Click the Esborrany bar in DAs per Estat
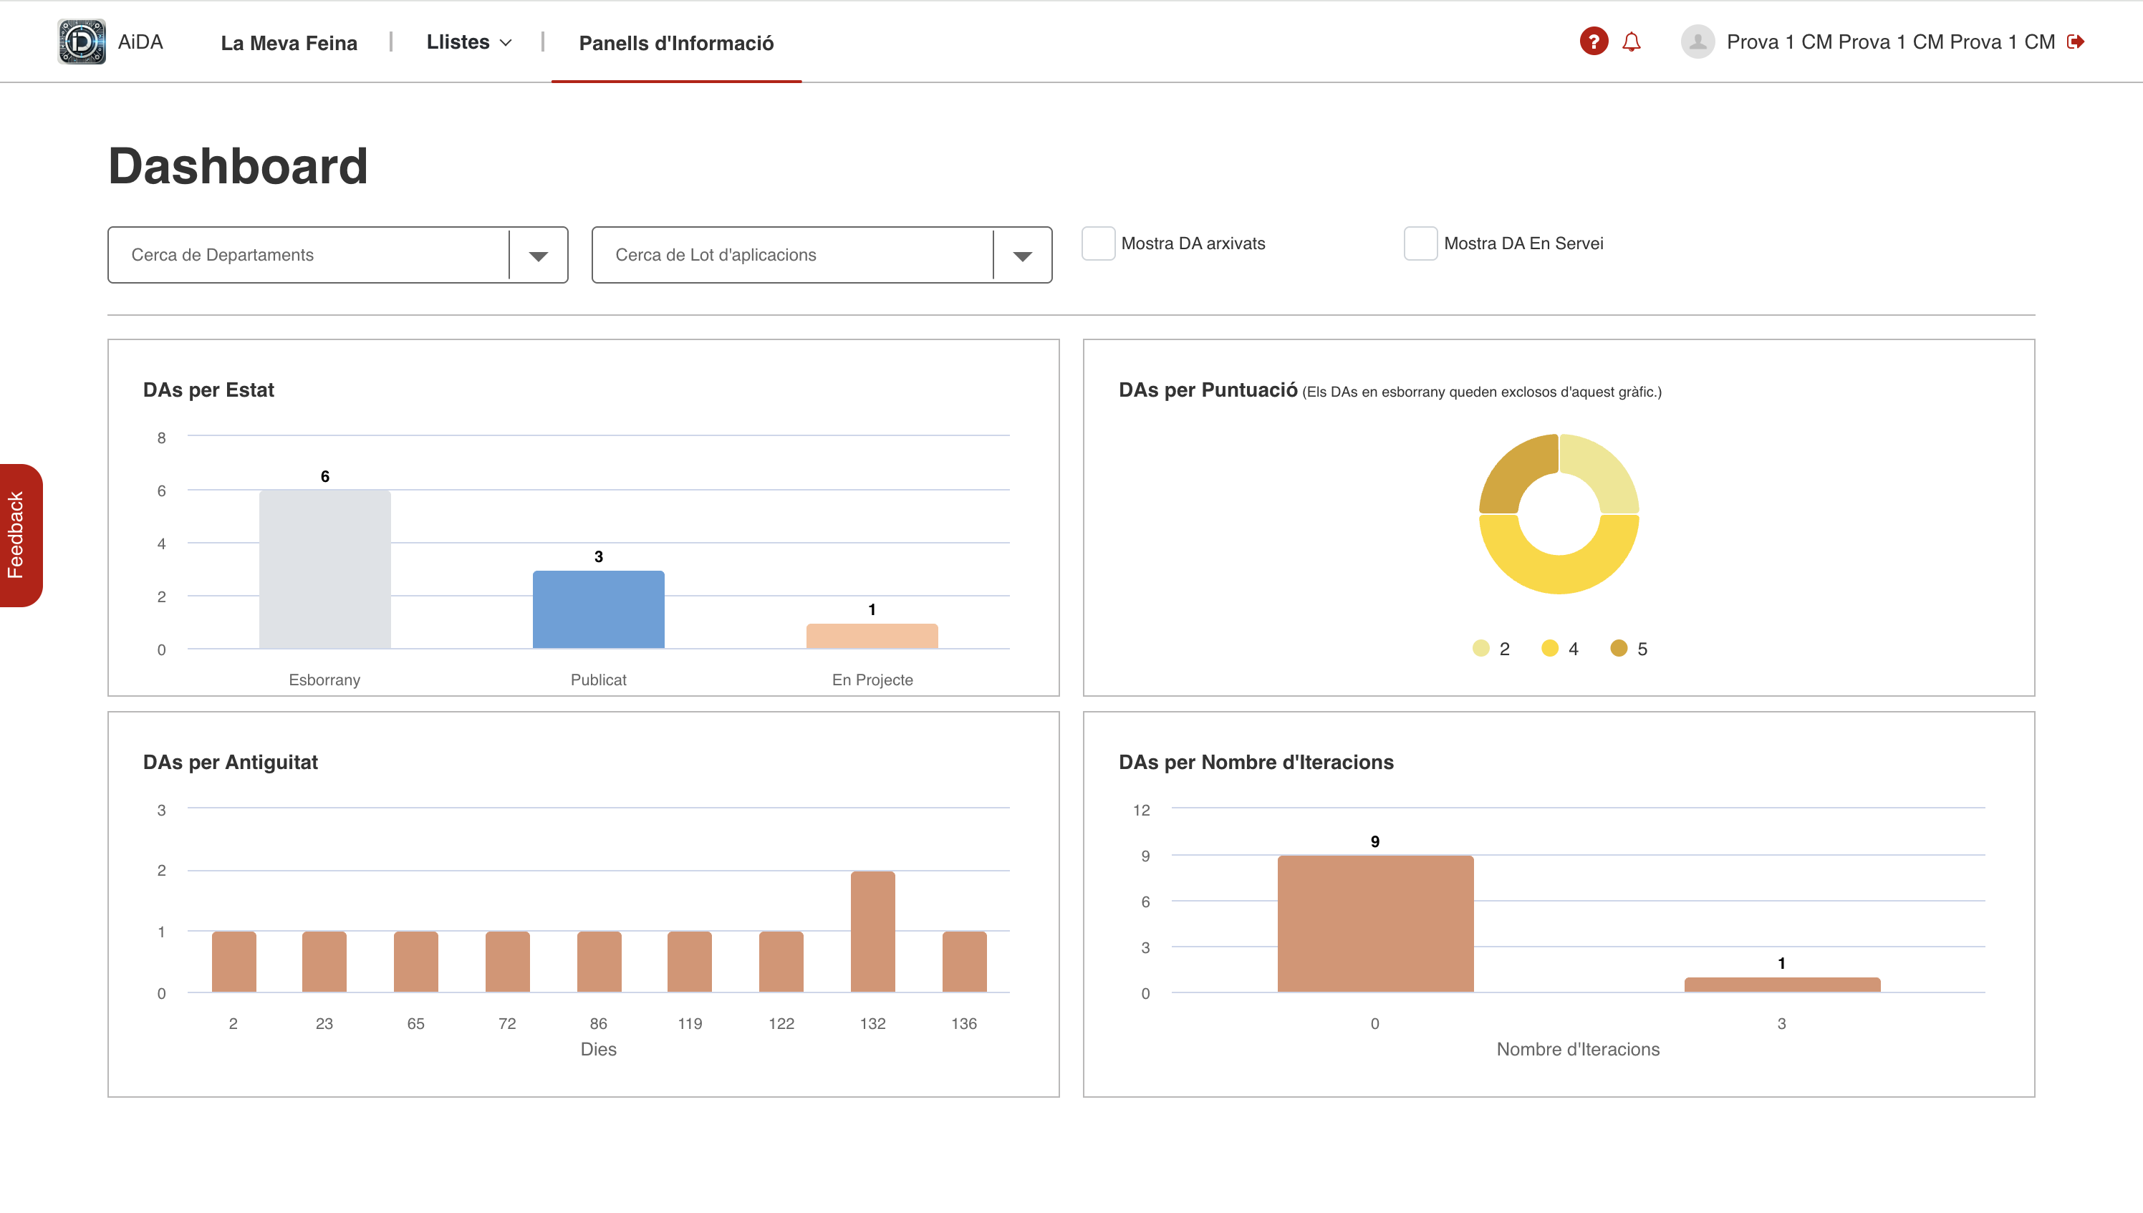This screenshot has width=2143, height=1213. point(324,569)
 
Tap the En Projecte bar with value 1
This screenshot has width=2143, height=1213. point(872,636)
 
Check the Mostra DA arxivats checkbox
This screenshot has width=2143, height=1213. point(1097,243)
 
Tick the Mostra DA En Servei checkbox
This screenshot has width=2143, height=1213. point(1420,243)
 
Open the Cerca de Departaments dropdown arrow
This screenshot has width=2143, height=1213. point(538,256)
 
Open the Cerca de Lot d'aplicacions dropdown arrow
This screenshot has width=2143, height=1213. point(1022,256)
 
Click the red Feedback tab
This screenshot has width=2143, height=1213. point(20,535)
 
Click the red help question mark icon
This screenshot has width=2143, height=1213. point(1593,42)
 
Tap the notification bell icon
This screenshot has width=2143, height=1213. point(1632,42)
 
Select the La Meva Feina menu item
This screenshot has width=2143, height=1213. point(289,43)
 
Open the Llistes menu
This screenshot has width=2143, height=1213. point(468,42)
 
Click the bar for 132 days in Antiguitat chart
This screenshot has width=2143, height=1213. point(872,932)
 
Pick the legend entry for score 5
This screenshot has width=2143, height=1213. point(1629,648)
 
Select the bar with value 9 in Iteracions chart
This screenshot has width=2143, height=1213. point(1374,923)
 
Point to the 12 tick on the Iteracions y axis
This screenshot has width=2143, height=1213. point(1141,810)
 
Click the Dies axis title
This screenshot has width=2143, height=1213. point(598,1049)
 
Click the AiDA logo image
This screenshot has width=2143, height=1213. point(82,42)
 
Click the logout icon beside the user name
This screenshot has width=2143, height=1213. point(2076,42)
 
